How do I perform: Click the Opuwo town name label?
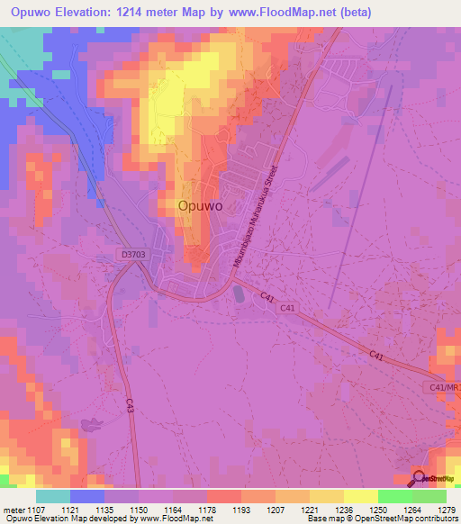201,205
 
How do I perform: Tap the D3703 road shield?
133,256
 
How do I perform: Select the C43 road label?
130,407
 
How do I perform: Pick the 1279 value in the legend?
447,510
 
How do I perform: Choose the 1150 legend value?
140,510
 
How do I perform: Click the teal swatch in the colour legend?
52,496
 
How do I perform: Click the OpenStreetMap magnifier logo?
420,478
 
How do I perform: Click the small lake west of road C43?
90,426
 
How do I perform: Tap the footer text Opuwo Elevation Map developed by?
67,519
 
